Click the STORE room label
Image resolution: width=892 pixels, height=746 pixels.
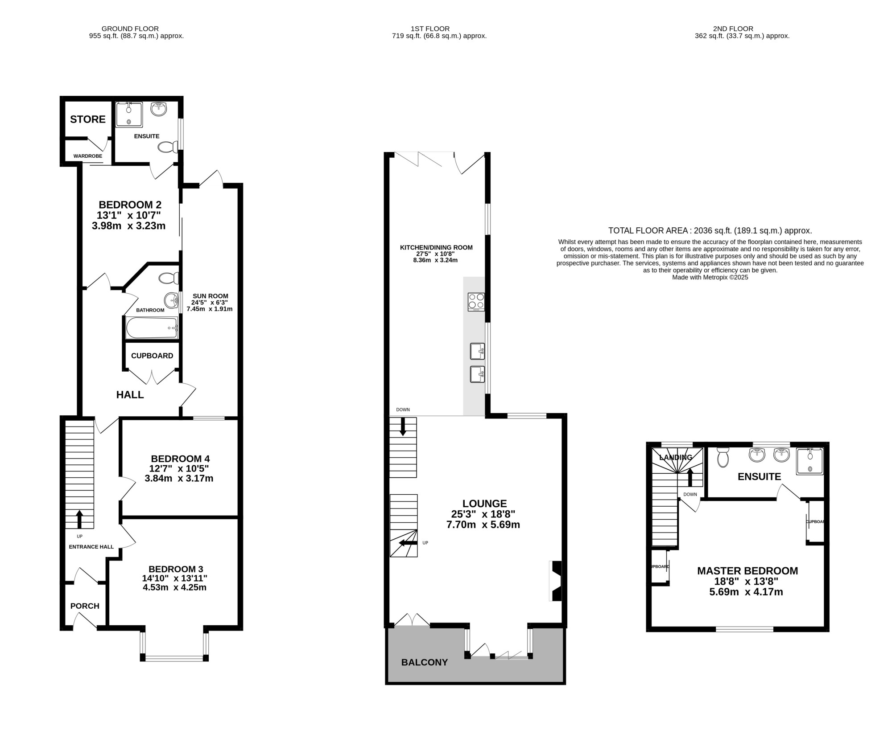click(x=88, y=119)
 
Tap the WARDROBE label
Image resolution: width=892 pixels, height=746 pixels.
click(x=88, y=156)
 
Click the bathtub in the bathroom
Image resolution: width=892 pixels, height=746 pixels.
click(x=152, y=328)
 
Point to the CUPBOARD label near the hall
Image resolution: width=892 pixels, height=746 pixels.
click(x=152, y=356)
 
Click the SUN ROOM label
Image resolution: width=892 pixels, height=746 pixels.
click(x=210, y=296)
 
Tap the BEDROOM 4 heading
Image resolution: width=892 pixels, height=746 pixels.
click(x=180, y=459)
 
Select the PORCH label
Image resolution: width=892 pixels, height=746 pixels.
click(x=85, y=606)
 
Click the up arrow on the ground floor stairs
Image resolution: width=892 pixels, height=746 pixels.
click(x=80, y=519)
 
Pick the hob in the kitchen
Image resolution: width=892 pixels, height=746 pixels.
click(x=476, y=302)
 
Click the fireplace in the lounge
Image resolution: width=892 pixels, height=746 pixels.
click(x=556, y=581)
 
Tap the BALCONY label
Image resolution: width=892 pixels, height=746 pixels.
click(x=425, y=662)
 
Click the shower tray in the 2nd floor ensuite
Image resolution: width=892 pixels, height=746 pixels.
click(x=810, y=461)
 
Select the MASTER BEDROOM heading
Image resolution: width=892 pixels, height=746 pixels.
click(x=747, y=571)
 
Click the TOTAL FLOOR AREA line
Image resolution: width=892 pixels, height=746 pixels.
click(x=710, y=231)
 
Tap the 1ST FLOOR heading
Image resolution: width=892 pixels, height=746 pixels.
click(x=436, y=29)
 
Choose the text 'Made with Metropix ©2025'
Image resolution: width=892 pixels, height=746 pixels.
click(x=710, y=277)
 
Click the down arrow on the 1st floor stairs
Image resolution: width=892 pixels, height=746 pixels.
click(x=403, y=427)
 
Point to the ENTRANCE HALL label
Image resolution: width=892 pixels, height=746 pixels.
click(x=91, y=547)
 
